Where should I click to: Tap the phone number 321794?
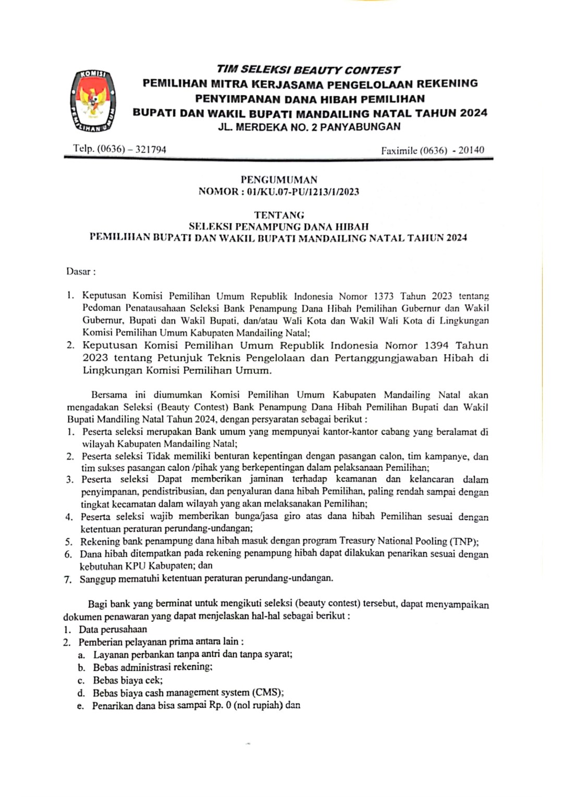[151, 149]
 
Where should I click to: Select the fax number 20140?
[471, 150]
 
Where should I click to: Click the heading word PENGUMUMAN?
[279, 179]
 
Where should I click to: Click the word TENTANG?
[279, 214]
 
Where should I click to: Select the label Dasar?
[79, 271]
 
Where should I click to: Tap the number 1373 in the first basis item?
[384, 296]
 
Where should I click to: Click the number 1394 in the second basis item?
[436, 345]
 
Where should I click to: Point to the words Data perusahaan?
[113, 629]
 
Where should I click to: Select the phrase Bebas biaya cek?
[128, 680]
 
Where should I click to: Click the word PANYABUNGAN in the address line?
[360, 127]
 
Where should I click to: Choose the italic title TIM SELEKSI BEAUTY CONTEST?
[308, 70]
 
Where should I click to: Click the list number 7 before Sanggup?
[67, 579]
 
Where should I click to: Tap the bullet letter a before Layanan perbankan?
[81, 655]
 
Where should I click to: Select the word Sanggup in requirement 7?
[97, 578]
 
